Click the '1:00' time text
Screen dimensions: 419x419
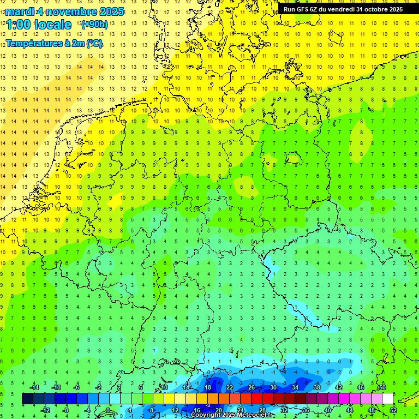click(x=17, y=25)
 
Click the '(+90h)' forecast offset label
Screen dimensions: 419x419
click(x=94, y=25)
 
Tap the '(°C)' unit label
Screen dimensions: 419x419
click(x=94, y=43)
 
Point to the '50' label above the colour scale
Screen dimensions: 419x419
click(x=382, y=387)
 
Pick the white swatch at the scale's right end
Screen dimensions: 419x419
click(x=388, y=399)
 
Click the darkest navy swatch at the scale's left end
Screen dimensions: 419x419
click(x=28, y=399)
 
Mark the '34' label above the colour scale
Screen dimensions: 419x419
click(x=295, y=387)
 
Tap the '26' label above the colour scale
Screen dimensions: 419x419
click(x=252, y=387)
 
